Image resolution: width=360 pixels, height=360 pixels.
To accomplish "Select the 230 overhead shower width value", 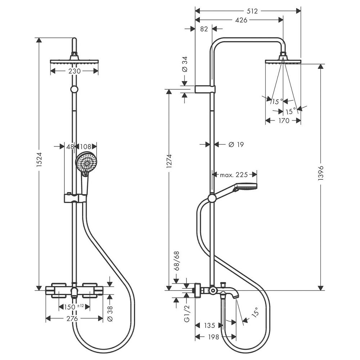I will pyautogui.click(x=74, y=71).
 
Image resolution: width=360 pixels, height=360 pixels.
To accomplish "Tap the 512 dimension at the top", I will pyautogui.click(x=253, y=11).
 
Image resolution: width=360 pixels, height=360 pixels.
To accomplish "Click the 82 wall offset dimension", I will pyautogui.click(x=204, y=29).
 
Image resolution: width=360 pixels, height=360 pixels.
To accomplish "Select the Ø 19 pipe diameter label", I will pyautogui.click(x=236, y=145).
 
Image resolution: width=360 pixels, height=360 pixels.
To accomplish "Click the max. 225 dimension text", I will pyautogui.click(x=234, y=175).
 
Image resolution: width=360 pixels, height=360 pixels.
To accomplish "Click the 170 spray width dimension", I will pyautogui.click(x=283, y=121).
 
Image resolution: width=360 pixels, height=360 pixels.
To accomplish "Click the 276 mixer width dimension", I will pyautogui.click(x=74, y=319).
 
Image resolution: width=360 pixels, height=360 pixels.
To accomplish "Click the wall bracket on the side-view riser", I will pyautogui.click(x=205, y=89).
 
